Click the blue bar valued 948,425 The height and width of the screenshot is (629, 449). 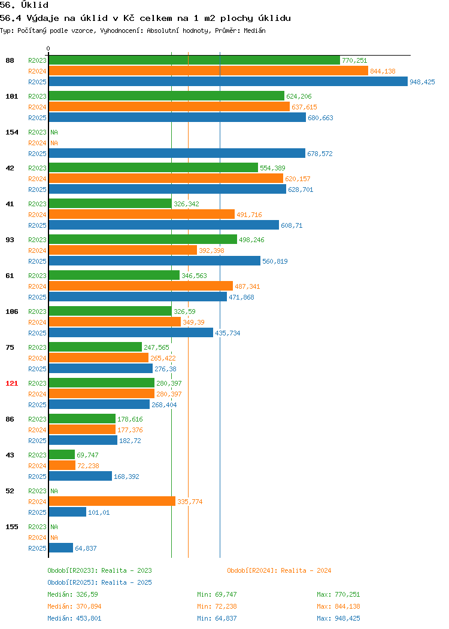click(228, 81)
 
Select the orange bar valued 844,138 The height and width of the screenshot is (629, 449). click(208, 71)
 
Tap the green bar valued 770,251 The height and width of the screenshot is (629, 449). click(195, 60)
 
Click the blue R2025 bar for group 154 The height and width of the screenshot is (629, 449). click(177, 153)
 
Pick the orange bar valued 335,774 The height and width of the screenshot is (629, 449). click(112, 501)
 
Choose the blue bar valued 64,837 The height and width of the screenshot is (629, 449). click(61, 548)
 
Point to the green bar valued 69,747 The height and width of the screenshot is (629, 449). click(62, 454)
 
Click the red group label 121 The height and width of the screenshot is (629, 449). click(11, 383)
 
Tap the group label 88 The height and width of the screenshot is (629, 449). click(10, 60)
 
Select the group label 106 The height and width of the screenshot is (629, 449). click(11, 312)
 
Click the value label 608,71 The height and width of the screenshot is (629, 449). click(292, 225)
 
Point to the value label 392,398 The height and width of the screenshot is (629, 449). click(212, 251)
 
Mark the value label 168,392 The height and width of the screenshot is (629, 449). click(126, 477)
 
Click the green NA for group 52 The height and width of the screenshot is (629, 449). click(54, 491)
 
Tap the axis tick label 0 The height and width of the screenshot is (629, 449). click(48, 48)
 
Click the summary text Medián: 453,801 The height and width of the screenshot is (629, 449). click(74, 618)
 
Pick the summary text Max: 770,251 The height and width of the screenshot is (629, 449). click(339, 594)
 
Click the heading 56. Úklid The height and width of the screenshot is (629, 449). click(24, 5)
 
